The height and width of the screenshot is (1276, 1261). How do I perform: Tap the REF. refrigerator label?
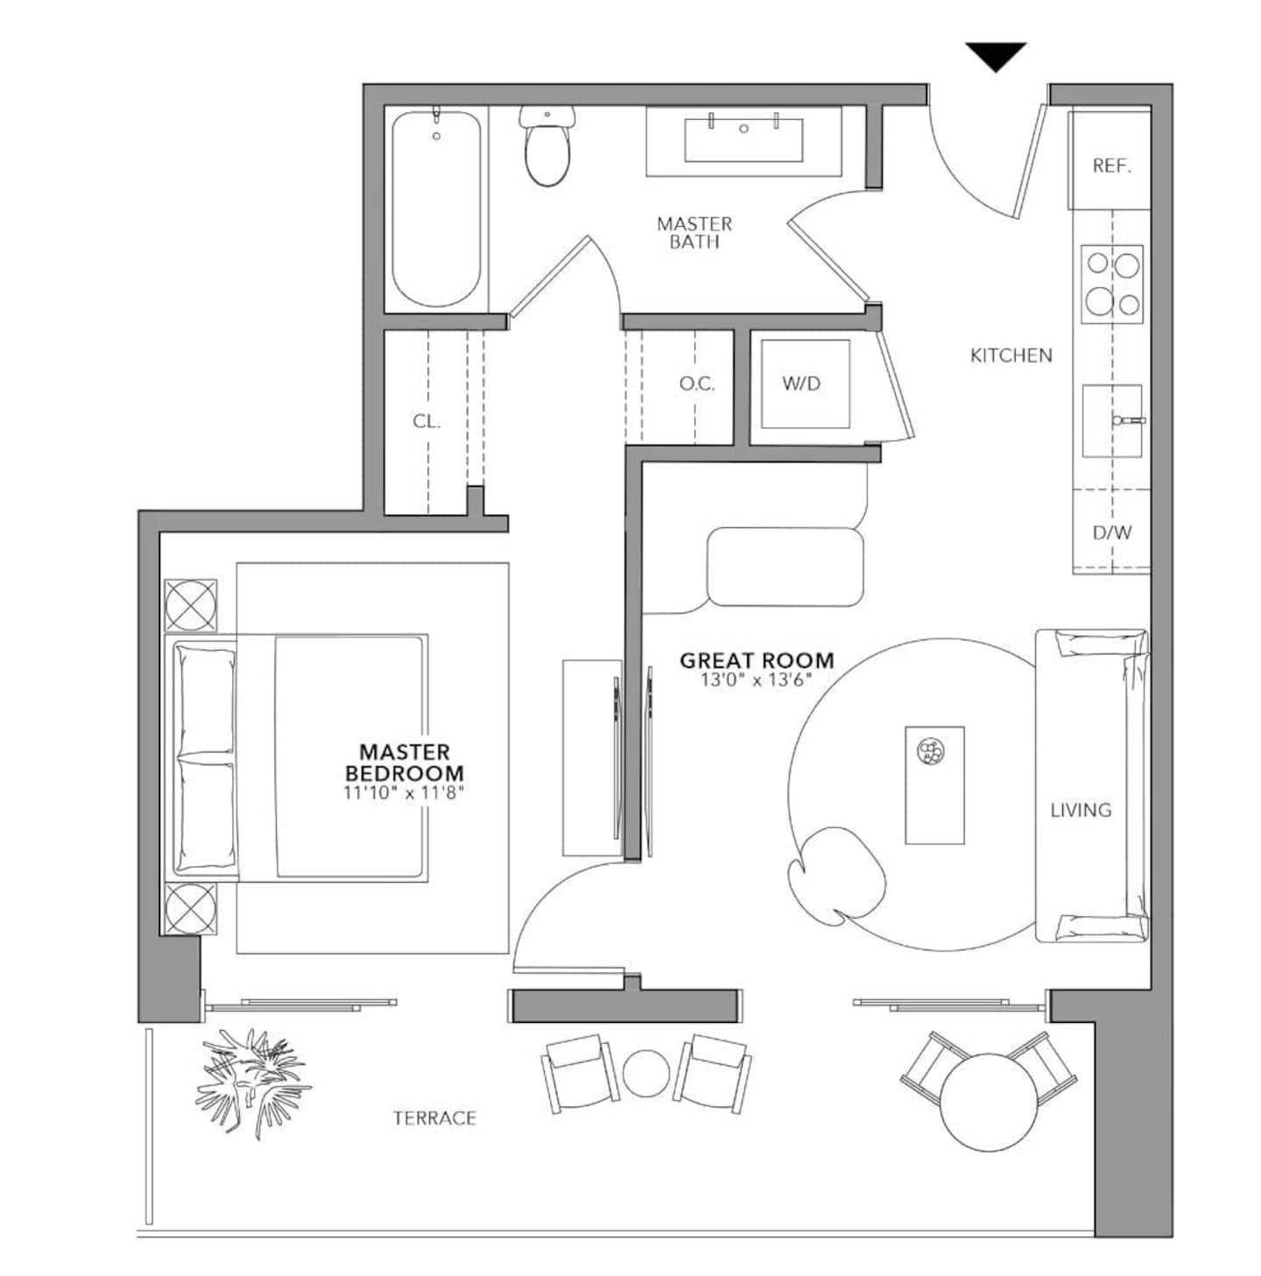coord(1112,166)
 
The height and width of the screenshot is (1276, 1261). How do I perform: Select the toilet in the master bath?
coord(547,145)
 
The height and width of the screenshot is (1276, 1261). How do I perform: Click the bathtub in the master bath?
coord(436,208)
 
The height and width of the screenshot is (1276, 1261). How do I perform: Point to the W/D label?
coord(801,384)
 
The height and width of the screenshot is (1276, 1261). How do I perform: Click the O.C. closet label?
coord(697,384)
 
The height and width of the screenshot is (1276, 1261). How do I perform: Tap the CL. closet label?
coord(426,421)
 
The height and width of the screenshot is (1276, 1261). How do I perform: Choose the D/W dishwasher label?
coord(1112,532)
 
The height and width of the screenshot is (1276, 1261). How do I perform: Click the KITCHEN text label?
coord(1011,356)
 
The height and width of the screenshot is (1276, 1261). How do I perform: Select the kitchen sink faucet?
coord(1129,419)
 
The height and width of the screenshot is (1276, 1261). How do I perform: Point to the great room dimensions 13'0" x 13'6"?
coord(757,680)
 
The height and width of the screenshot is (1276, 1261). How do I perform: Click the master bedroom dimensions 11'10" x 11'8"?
coord(404,793)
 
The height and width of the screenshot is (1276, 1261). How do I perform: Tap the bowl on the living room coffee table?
coord(931,751)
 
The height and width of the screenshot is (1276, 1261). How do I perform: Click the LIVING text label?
coord(1081,810)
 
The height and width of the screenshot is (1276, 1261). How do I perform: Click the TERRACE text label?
coord(434,1118)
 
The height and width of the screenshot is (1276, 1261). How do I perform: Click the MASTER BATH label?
coord(694,232)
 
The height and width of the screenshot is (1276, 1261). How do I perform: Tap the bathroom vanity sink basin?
coord(743,140)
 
